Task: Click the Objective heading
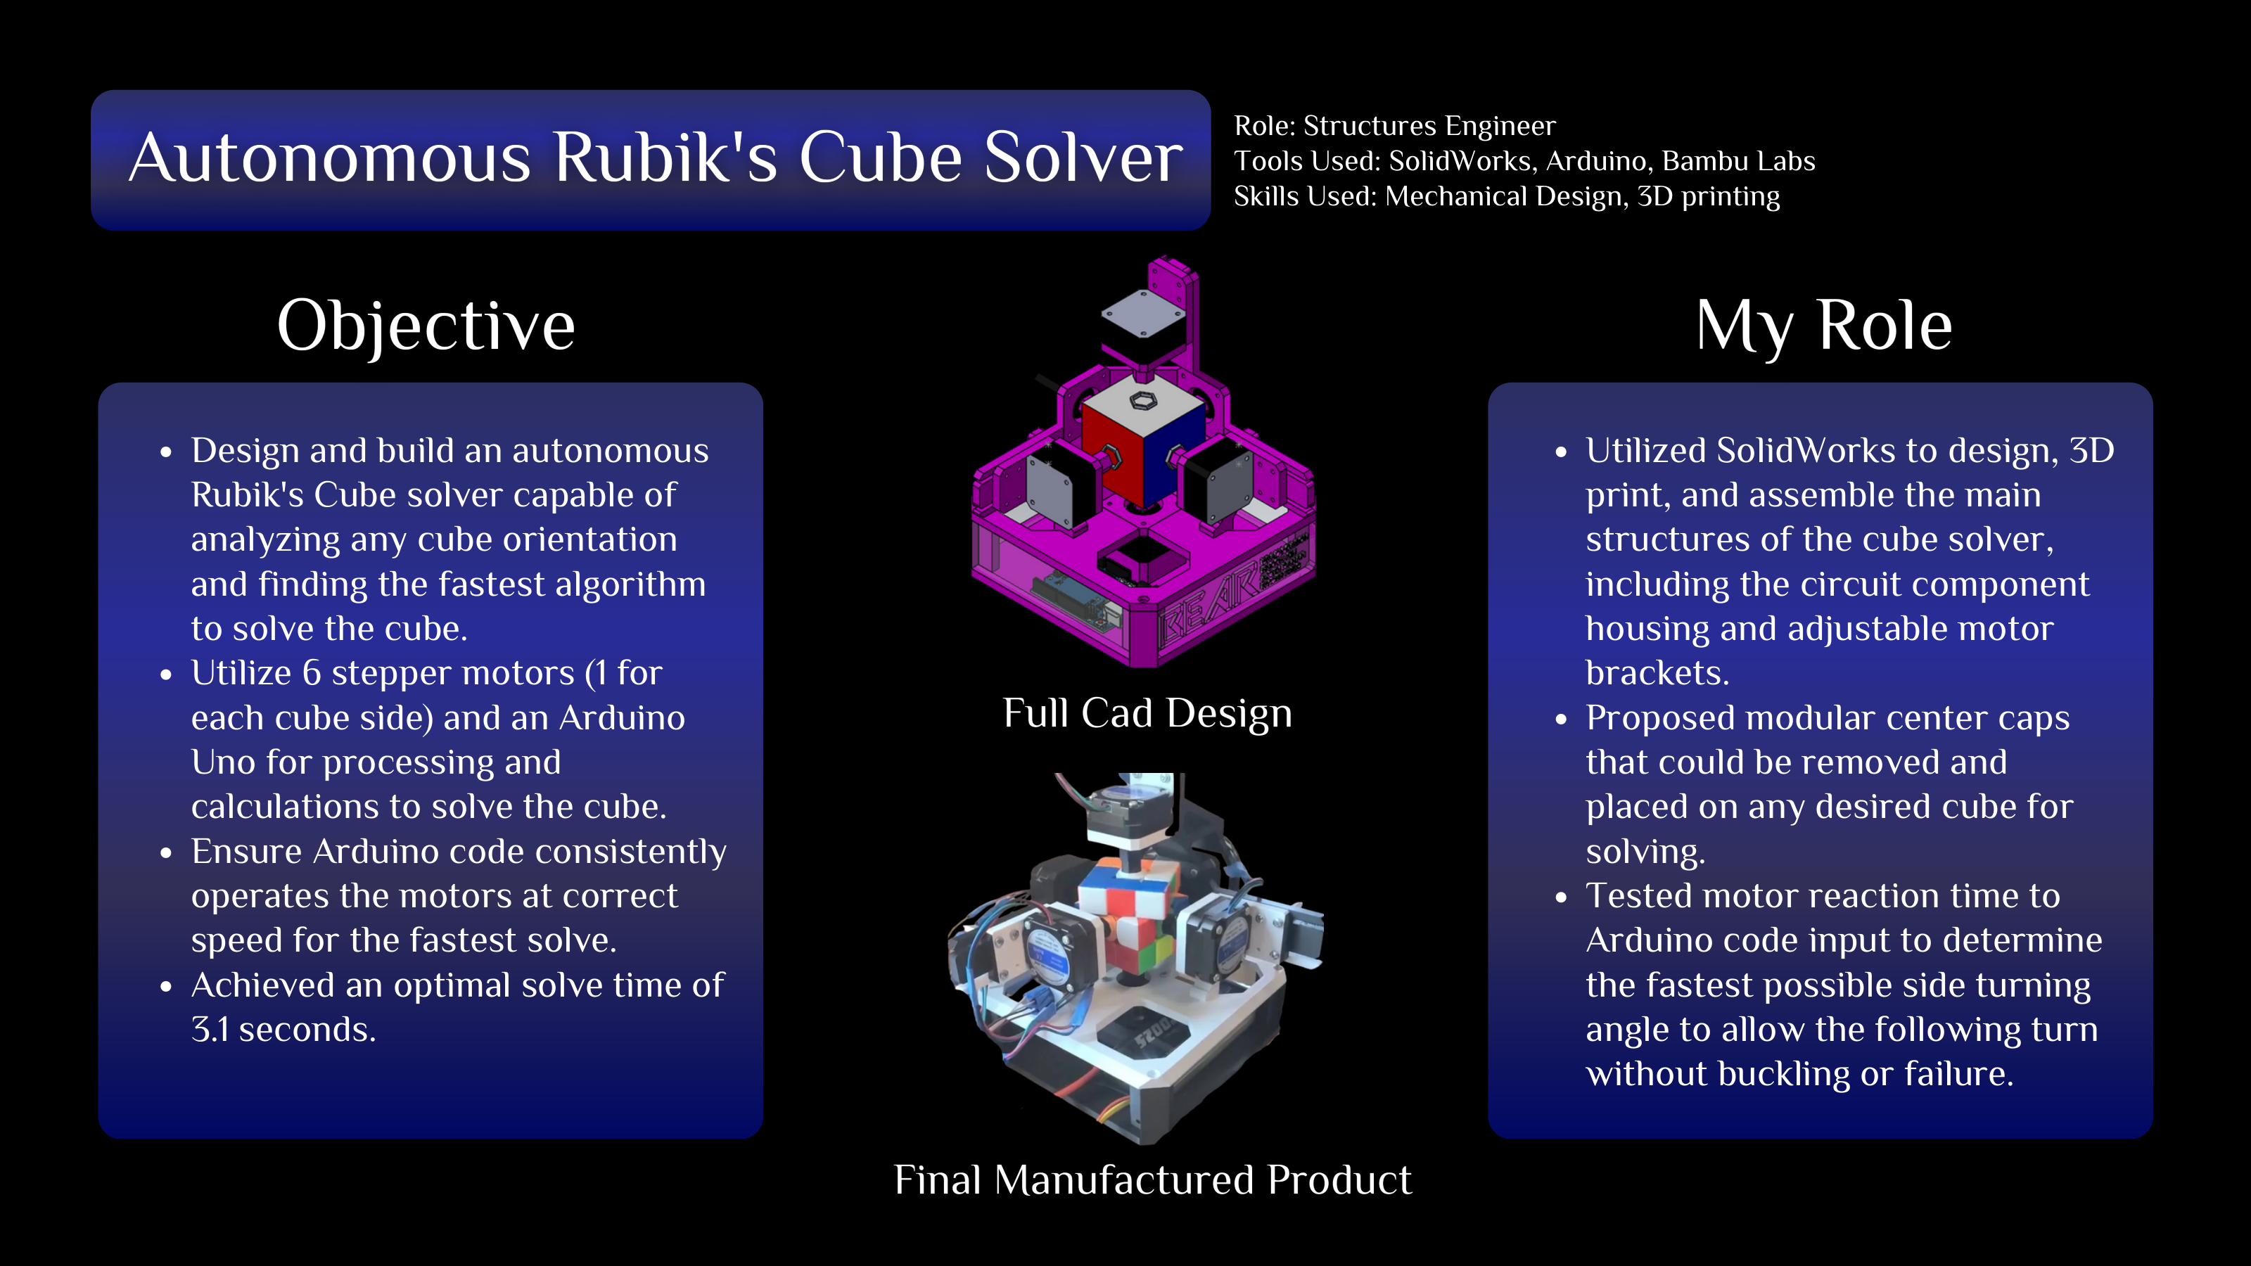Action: click(426, 326)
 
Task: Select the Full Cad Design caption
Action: click(1147, 713)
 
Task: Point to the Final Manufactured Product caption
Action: click(1152, 1179)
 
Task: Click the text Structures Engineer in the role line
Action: click(1429, 126)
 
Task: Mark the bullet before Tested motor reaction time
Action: click(1562, 898)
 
